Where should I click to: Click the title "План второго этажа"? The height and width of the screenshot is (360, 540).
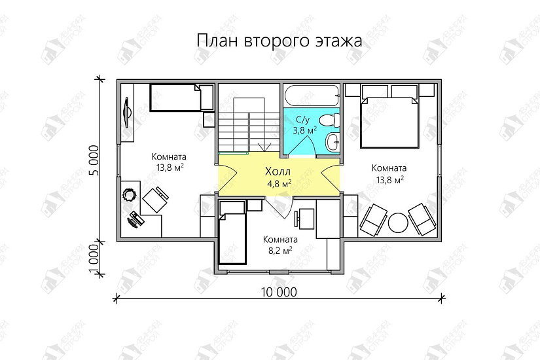[279, 41]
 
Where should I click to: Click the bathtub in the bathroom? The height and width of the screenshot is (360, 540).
[312, 96]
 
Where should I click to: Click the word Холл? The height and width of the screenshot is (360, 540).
[278, 171]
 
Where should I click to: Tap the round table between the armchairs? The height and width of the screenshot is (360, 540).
[398, 223]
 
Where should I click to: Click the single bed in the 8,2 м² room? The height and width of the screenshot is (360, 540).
[231, 235]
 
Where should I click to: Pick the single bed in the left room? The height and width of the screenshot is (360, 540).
[175, 98]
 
